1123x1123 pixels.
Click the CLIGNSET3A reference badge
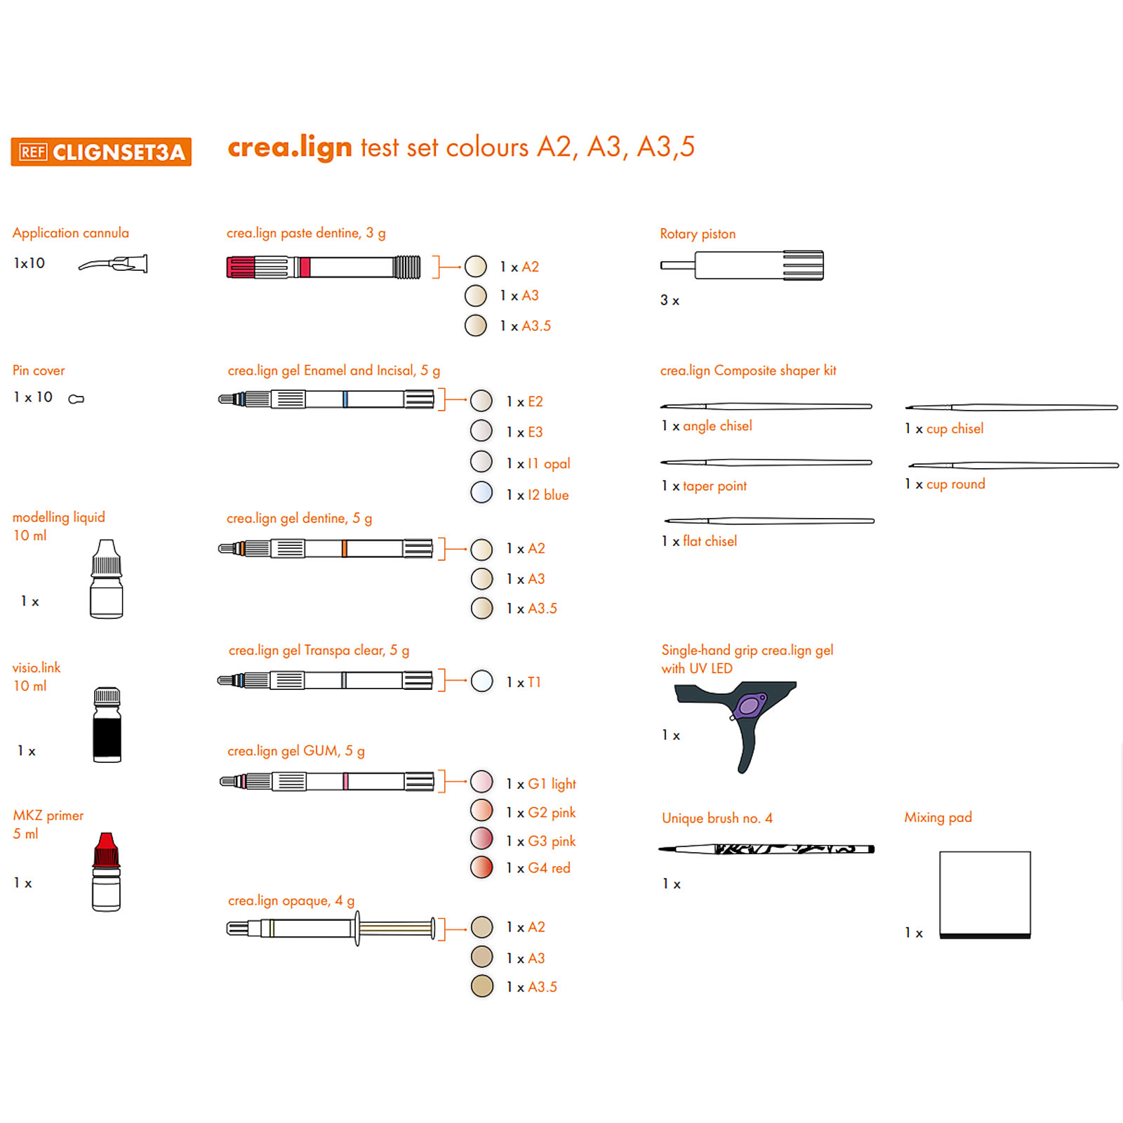coord(101,152)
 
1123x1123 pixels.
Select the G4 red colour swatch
coord(481,868)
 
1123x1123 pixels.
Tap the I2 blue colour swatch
coord(481,493)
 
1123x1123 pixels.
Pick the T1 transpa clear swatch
coord(482,681)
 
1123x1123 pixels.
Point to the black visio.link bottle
coord(107,724)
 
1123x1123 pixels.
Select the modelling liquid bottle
coord(107,579)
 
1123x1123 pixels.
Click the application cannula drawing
coord(113,264)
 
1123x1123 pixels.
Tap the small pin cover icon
coord(76,399)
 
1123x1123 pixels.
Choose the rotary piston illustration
coord(742,265)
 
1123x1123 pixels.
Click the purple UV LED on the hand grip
coord(748,705)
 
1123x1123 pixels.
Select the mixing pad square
coord(985,895)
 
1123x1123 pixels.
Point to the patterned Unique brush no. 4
coord(766,849)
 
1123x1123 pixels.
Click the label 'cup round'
coord(955,484)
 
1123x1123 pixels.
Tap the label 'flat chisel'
coord(710,541)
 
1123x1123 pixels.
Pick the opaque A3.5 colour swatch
coord(482,986)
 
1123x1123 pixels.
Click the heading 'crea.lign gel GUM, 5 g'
coord(296,751)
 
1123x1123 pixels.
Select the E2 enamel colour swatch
coord(481,401)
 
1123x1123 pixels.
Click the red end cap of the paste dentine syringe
coord(241,267)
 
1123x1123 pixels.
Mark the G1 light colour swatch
coord(481,781)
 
